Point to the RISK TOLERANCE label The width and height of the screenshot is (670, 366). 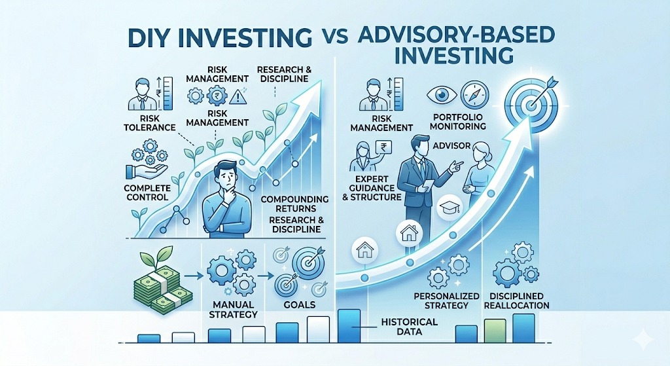click(x=150, y=122)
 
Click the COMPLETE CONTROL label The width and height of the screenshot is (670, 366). click(x=147, y=192)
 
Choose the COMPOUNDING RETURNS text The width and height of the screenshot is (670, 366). click(x=295, y=204)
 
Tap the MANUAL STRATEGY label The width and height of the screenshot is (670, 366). click(x=234, y=310)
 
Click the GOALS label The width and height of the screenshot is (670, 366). click(x=300, y=305)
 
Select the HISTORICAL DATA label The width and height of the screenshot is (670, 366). click(x=410, y=326)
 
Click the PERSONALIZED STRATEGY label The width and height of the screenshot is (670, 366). click(x=446, y=301)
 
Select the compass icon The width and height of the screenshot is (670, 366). click(x=475, y=95)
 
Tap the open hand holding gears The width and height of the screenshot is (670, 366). click(x=142, y=171)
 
